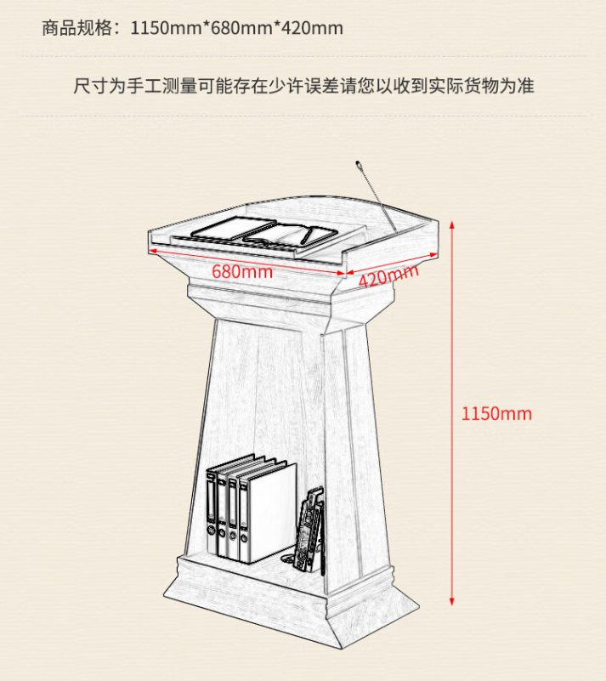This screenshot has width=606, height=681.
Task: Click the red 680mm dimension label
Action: pyautogui.click(x=242, y=272)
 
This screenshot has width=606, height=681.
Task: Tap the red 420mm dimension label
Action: pyautogui.click(x=388, y=276)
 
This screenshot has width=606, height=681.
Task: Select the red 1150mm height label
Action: pyautogui.click(x=496, y=413)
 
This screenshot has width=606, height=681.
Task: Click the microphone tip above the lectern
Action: pyautogui.click(x=359, y=164)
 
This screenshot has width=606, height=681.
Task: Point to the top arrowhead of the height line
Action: pyautogui.click(x=451, y=224)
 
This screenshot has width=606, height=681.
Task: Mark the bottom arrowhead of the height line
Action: pyautogui.click(x=451, y=602)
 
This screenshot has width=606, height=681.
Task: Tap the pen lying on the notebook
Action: pyautogui.click(x=307, y=235)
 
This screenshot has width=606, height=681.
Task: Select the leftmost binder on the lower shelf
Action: pyautogui.click(x=212, y=513)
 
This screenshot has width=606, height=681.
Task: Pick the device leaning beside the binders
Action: pyautogui.click(x=309, y=529)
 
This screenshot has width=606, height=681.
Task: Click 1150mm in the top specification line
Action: pyautogui.click(x=167, y=28)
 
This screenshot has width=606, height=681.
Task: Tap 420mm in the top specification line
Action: pyautogui.click(x=312, y=28)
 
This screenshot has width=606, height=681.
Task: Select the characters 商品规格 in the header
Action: pyautogui.click(x=77, y=28)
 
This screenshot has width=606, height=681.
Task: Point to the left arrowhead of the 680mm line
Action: pyautogui.click(x=152, y=251)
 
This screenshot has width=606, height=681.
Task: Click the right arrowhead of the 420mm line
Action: pyautogui.click(x=433, y=254)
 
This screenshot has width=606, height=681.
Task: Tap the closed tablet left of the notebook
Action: pyautogui.click(x=234, y=229)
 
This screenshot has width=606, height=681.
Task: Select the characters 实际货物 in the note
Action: pyautogui.click(x=463, y=86)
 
